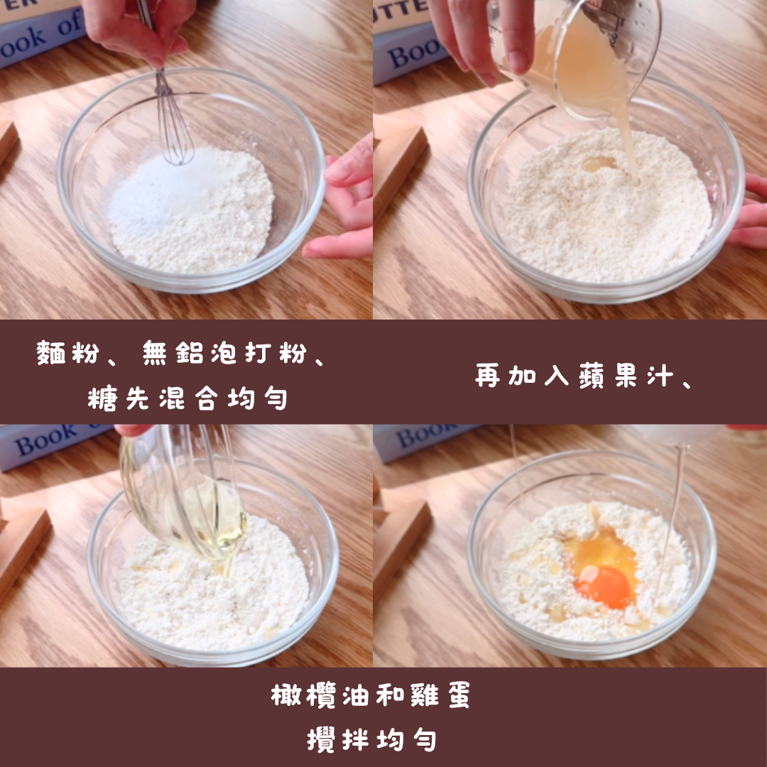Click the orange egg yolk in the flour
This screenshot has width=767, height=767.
coord(604,587)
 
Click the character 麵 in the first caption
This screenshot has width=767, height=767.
coord(51,353)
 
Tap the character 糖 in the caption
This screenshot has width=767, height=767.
coord(102,398)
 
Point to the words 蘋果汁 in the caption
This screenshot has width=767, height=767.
coord(626,376)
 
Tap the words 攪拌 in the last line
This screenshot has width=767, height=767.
coord(337,739)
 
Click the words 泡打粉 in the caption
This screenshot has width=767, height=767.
coord(259,353)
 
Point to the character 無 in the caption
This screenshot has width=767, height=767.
coord(155,353)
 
